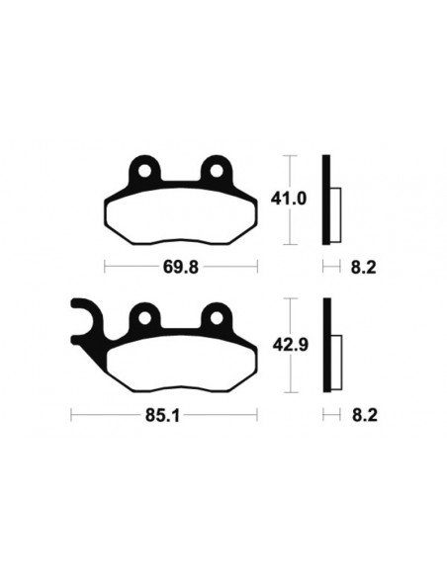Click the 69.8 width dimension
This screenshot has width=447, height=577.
pyautogui.click(x=180, y=267)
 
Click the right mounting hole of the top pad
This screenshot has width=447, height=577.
pyautogui.click(x=214, y=172)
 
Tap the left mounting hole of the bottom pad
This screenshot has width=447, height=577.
pyautogui.click(x=145, y=317)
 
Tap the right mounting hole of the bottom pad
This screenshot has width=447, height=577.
pyautogui.click(x=214, y=317)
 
